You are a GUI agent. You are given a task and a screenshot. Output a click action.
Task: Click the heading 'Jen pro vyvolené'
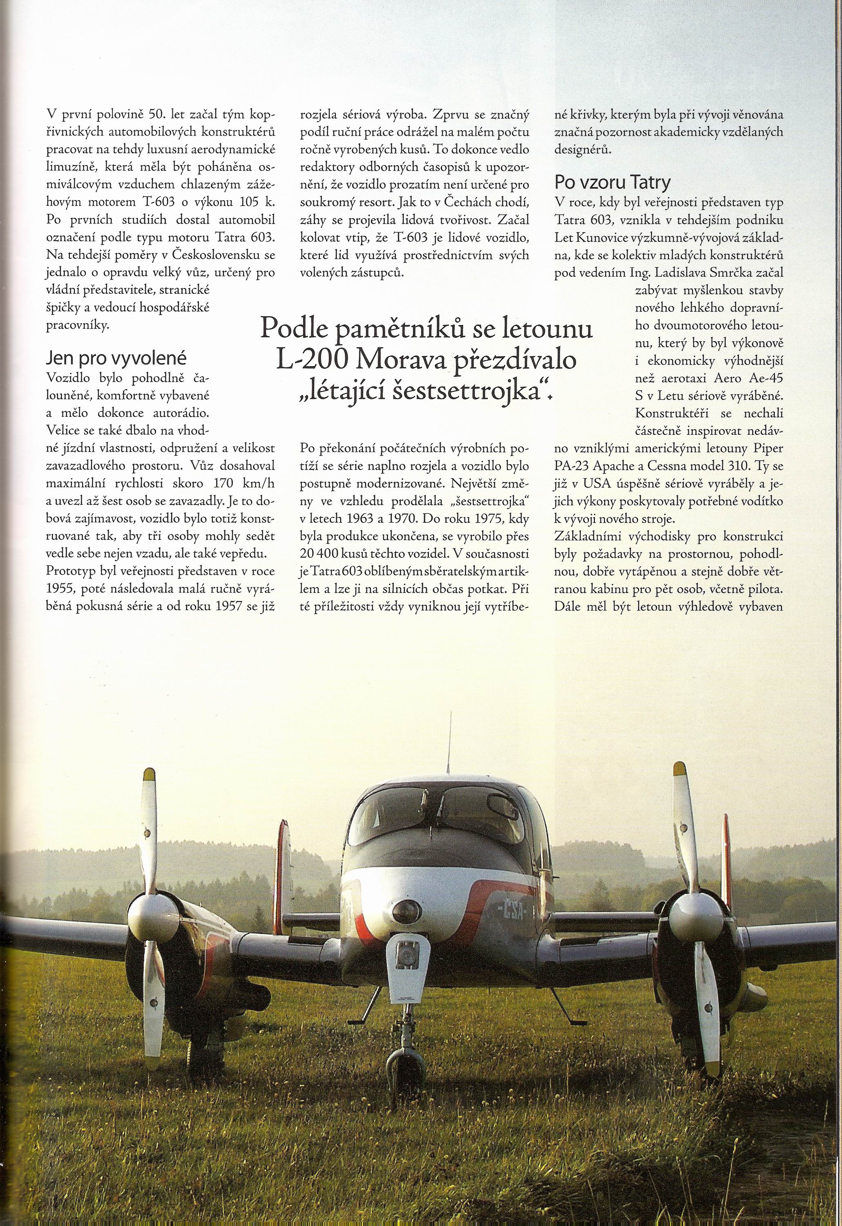116,358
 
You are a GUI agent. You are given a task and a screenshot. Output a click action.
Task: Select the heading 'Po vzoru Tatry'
612,182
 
